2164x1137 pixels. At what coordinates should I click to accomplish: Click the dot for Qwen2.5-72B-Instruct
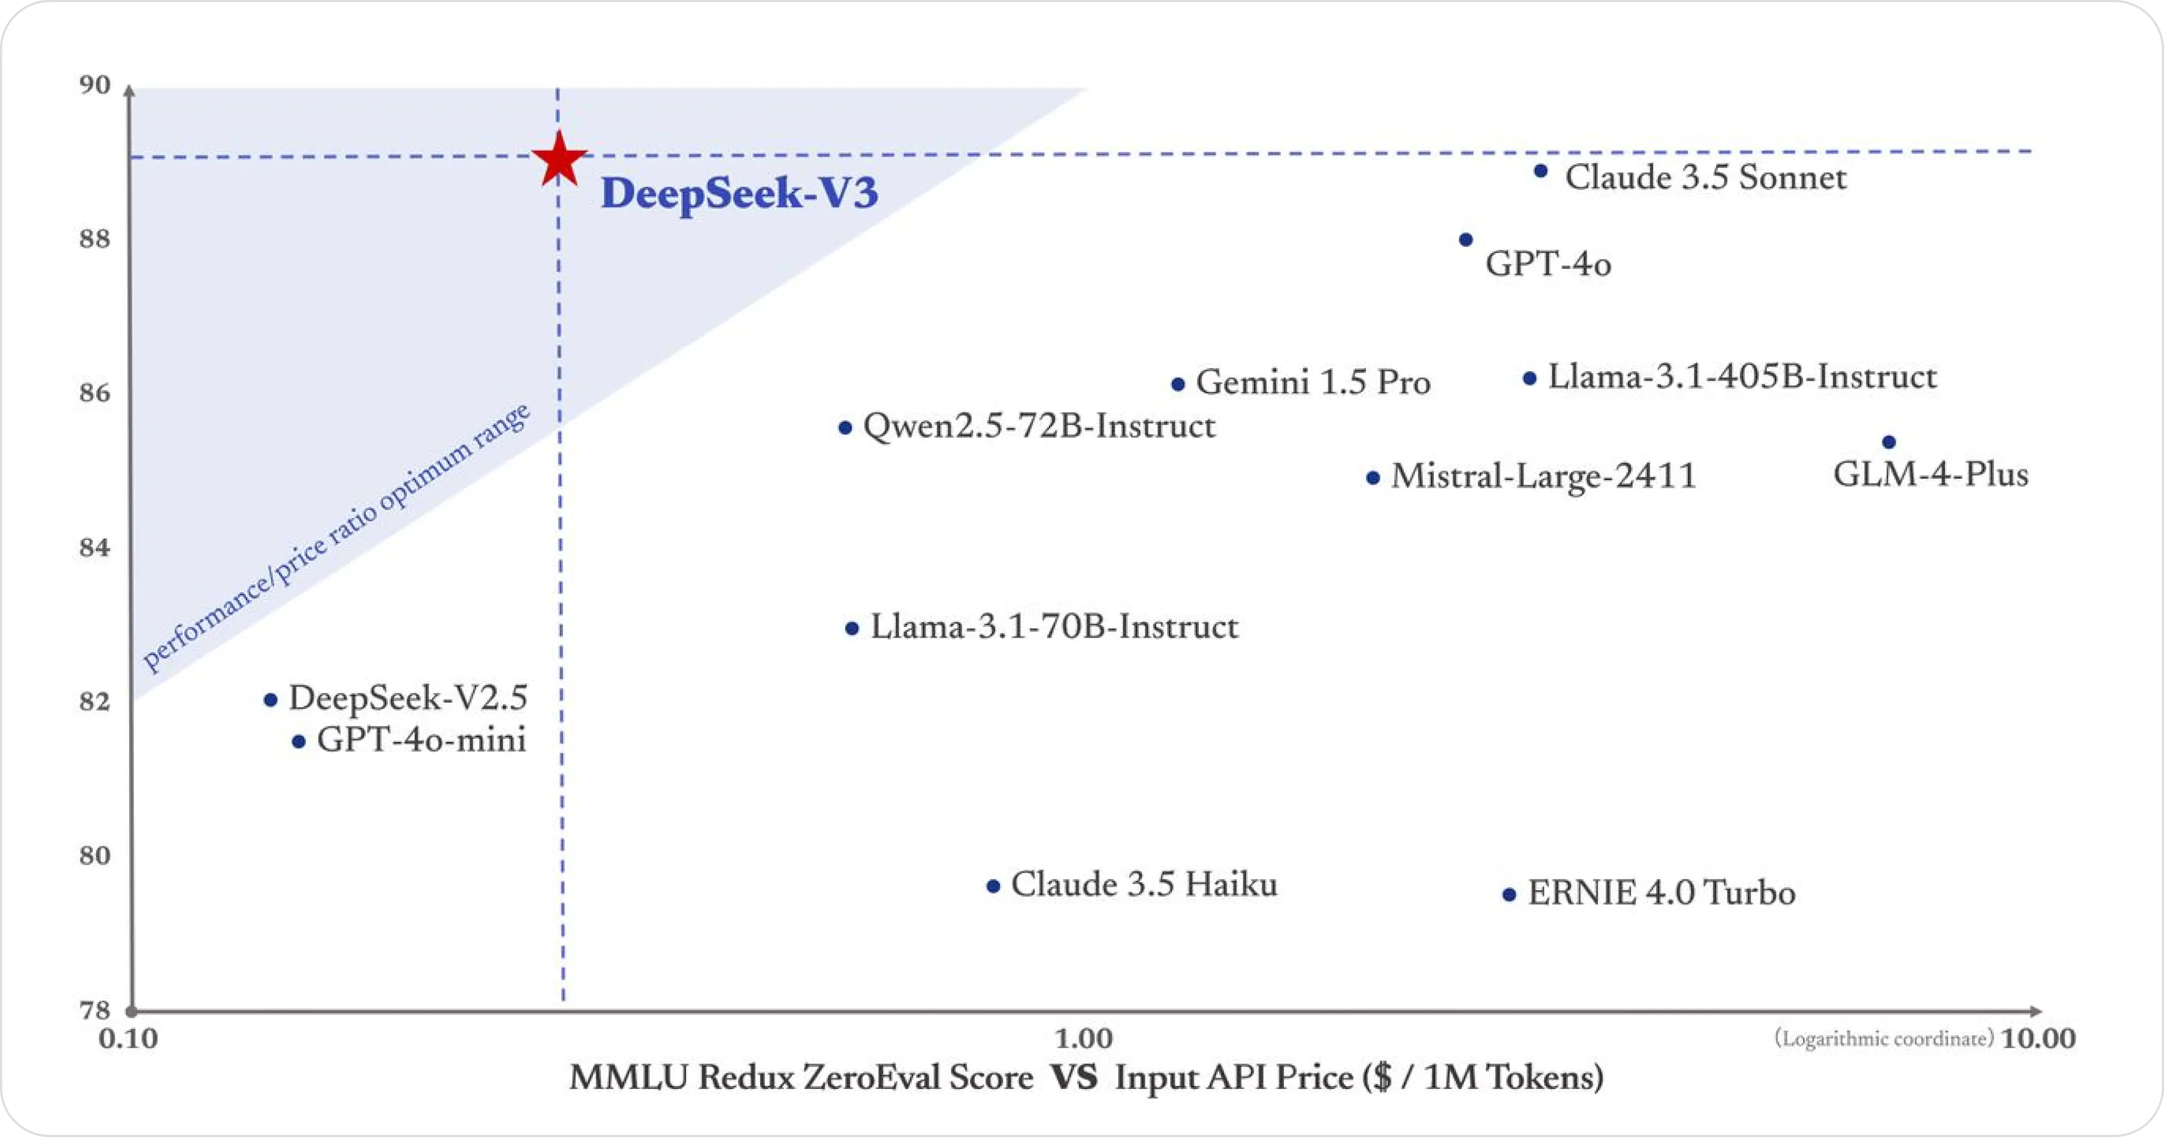click(x=845, y=428)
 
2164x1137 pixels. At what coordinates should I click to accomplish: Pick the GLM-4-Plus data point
click(x=1888, y=443)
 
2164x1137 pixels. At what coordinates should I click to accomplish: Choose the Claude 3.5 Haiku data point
click(x=993, y=887)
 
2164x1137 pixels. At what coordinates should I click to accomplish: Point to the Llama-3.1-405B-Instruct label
click(x=1742, y=377)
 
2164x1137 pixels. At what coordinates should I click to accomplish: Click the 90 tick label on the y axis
click(x=94, y=86)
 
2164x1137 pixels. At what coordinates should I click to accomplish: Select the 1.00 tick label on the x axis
click(x=1084, y=1039)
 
